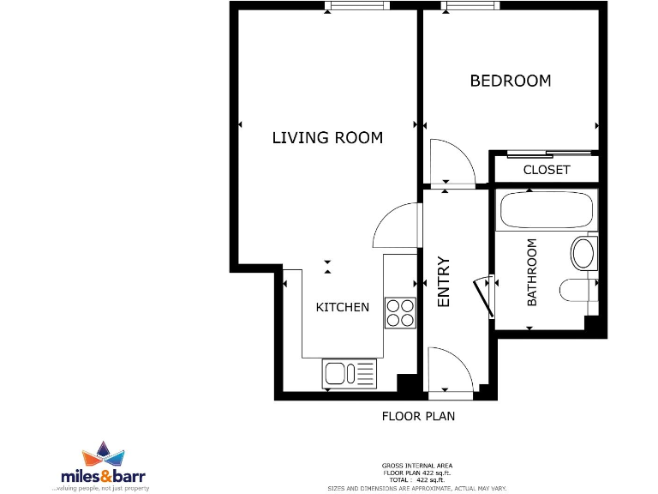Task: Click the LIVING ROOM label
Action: coord(327,137)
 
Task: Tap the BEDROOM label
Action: coord(511,81)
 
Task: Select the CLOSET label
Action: coord(546,170)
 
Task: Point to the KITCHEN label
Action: coord(343,307)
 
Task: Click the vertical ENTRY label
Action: coord(444,282)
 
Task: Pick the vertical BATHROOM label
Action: coord(532,272)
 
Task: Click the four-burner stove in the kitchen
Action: coord(400,312)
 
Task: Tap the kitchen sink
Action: coord(350,373)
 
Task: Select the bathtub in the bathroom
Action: coord(544,211)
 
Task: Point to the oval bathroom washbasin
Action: coord(583,252)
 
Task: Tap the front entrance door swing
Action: coord(449,368)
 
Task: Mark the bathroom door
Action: coord(484,297)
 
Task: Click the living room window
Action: coord(357,6)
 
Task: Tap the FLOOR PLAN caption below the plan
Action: coord(418,417)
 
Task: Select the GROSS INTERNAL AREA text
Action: coord(416,466)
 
